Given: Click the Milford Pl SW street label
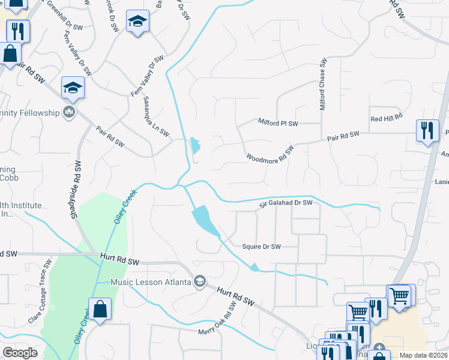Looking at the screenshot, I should point(278,124).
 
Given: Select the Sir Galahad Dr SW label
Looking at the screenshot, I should point(286,203).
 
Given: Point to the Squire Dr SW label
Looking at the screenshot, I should point(262,247).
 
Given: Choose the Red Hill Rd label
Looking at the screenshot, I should point(385,118).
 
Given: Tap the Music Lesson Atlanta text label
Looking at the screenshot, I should point(151,281).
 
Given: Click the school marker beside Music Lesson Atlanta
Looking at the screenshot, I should point(200,281).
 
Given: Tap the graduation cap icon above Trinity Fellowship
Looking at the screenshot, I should point(73,89).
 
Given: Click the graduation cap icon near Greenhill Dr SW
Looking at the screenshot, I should point(137,22).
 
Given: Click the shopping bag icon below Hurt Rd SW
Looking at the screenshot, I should point(100,310).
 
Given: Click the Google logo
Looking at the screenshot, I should point(20,353).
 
